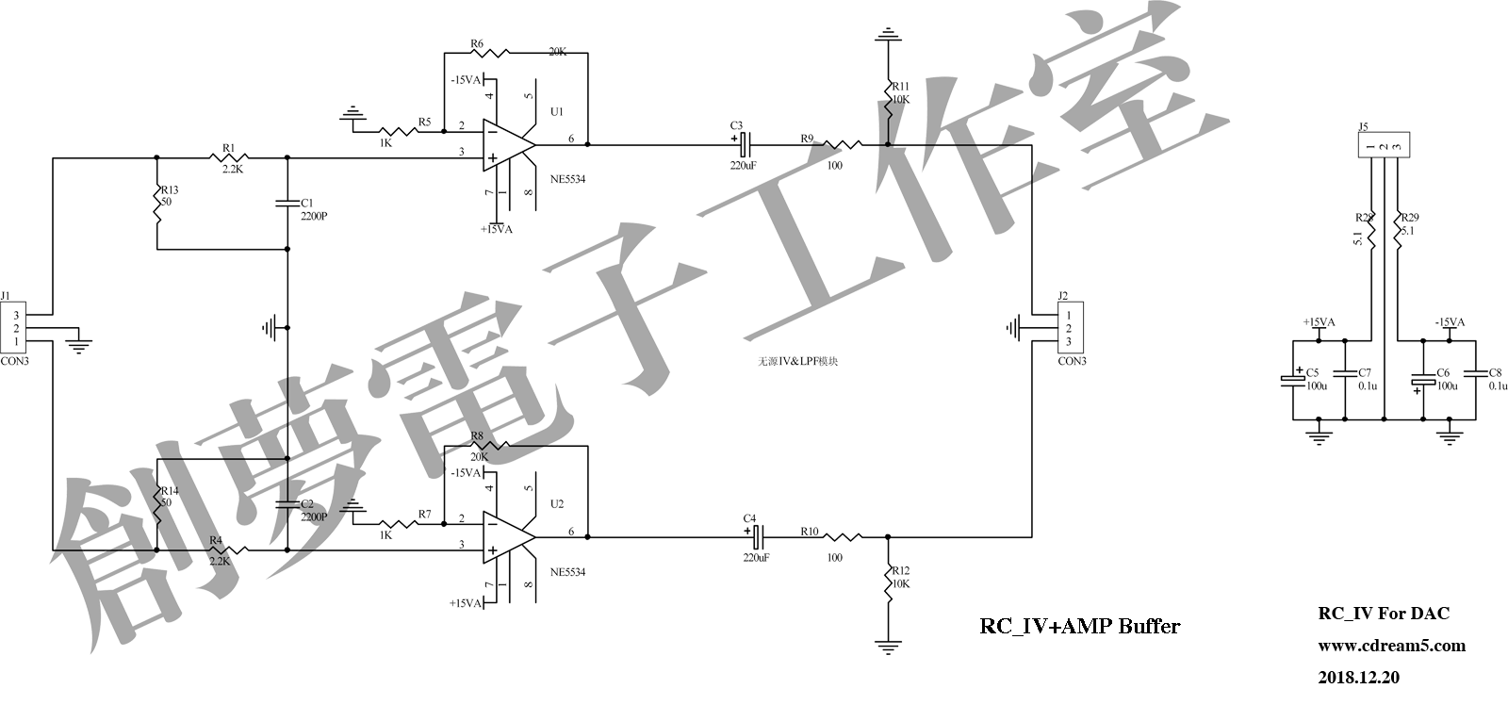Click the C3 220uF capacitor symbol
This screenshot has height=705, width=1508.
(744, 145)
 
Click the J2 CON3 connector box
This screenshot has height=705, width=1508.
(1068, 328)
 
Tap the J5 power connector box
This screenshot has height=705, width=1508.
(1383, 146)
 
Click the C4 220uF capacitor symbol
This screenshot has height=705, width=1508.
(756, 537)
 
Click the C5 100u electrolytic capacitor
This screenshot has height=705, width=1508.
(1292, 380)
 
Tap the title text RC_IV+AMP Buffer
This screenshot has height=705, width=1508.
(1079, 626)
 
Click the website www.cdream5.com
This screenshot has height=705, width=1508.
(1391, 646)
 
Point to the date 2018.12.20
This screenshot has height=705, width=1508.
(1358, 677)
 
